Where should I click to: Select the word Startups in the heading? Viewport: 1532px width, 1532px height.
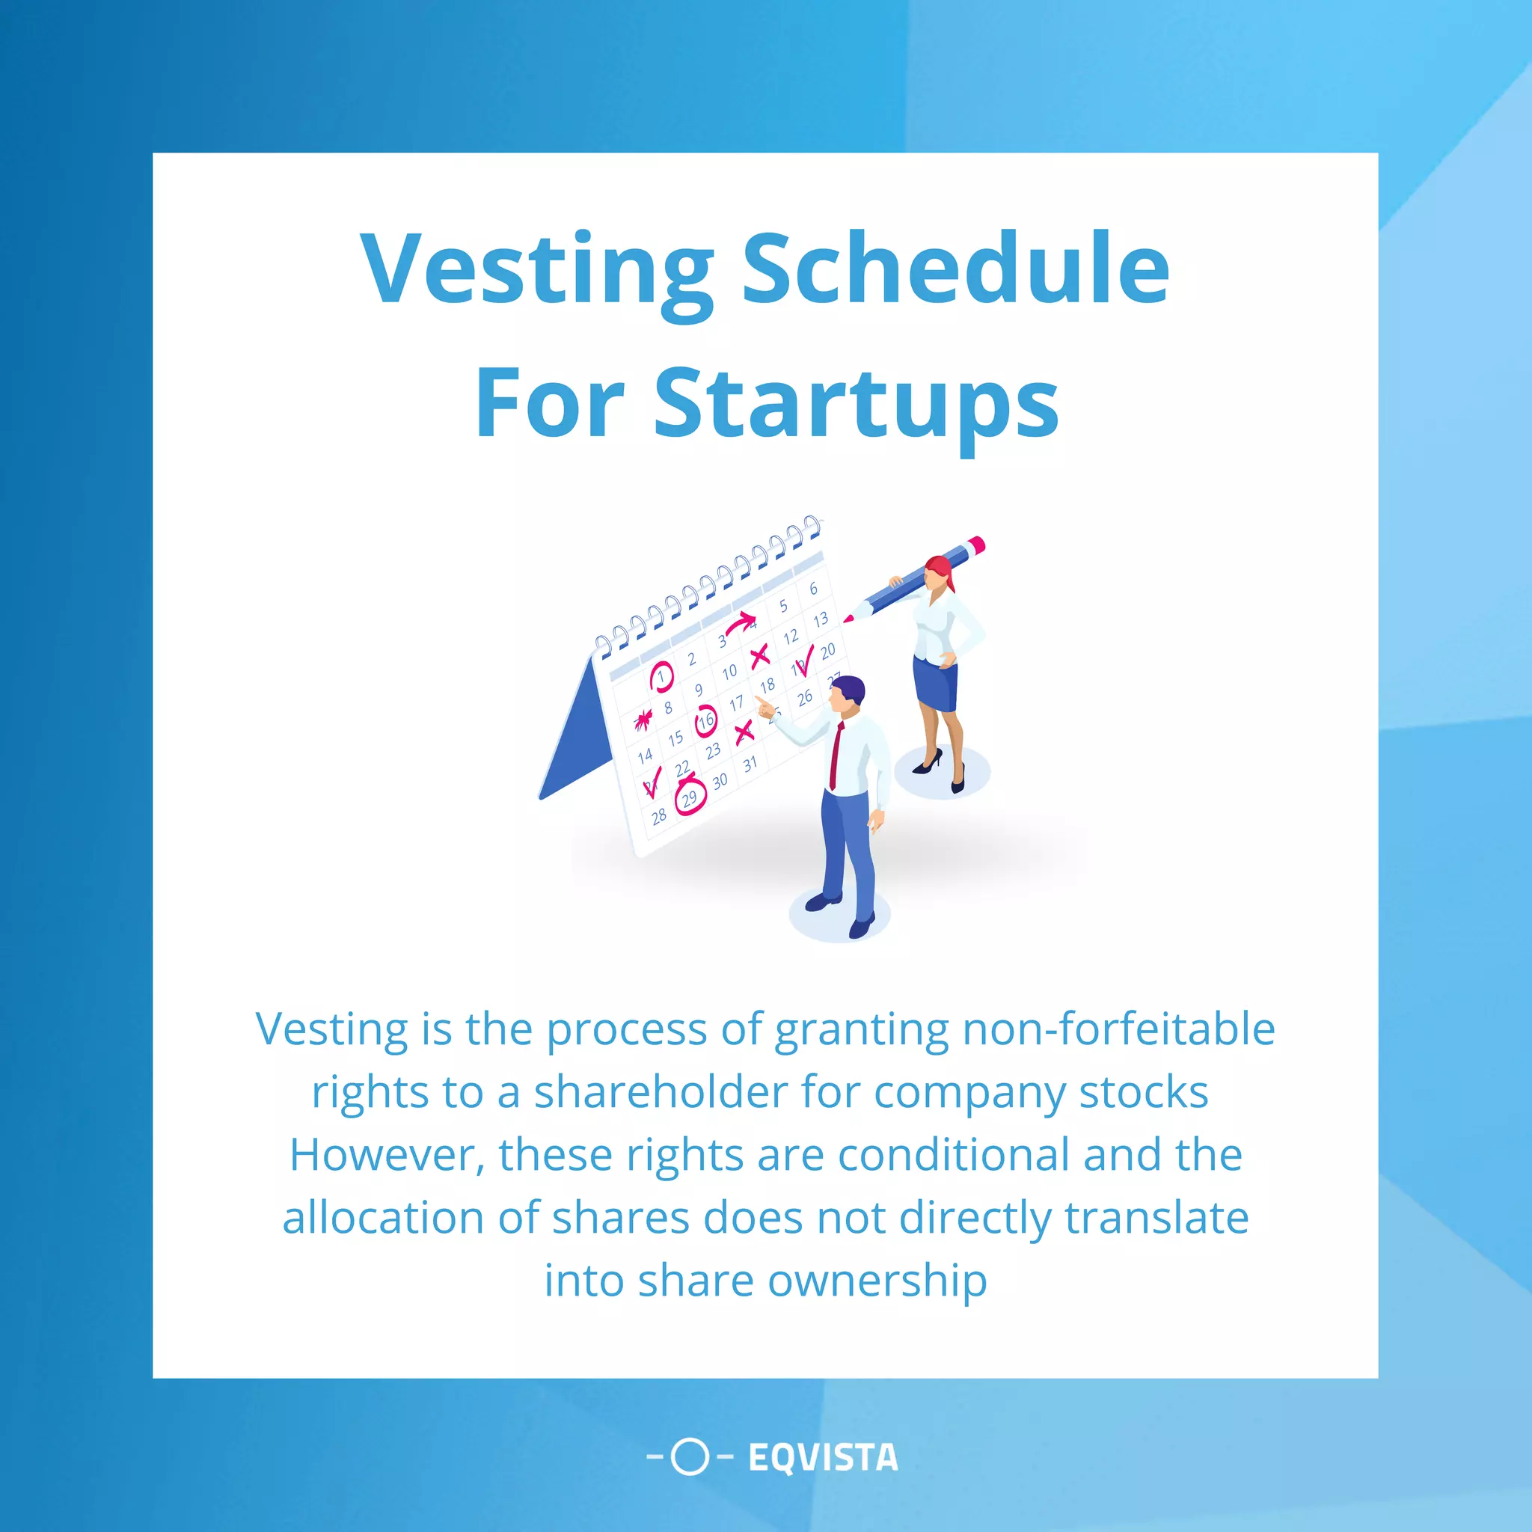(857, 405)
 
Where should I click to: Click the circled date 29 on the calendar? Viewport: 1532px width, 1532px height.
(690, 797)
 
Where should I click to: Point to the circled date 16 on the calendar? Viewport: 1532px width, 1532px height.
(705, 722)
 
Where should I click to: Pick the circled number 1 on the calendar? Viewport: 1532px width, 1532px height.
(661, 676)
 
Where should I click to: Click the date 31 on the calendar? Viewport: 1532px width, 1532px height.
(750, 765)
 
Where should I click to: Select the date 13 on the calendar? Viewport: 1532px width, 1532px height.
(821, 619)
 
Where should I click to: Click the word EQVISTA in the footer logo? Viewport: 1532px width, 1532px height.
(823, 1457)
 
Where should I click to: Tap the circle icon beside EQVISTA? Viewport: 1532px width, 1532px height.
(689, 1456)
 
